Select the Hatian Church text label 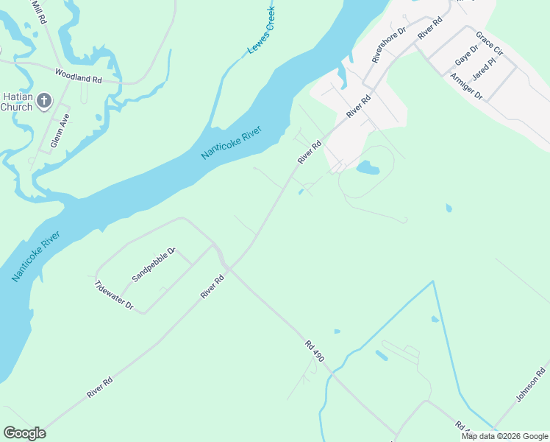15,102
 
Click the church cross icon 44,101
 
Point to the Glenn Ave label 60,131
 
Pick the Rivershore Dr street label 389,45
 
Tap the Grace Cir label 488,44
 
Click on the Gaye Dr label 466,54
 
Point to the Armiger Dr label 466,86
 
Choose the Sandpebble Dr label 154,264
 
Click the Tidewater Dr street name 114,295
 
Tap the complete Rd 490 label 314,351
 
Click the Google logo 24,433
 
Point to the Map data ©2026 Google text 504,436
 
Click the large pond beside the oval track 368,169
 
